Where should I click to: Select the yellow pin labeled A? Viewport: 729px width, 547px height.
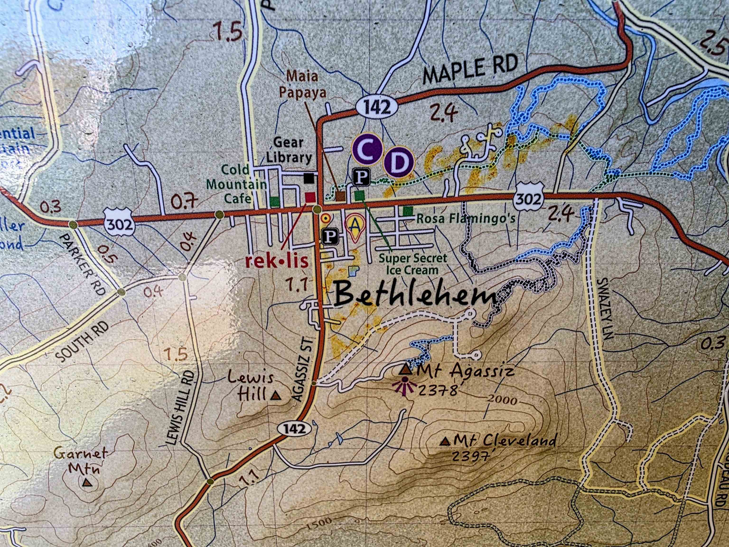point(355,226)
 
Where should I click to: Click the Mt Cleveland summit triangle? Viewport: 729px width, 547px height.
point(447,441)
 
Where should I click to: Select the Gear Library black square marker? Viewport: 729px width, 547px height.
point(309,178)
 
